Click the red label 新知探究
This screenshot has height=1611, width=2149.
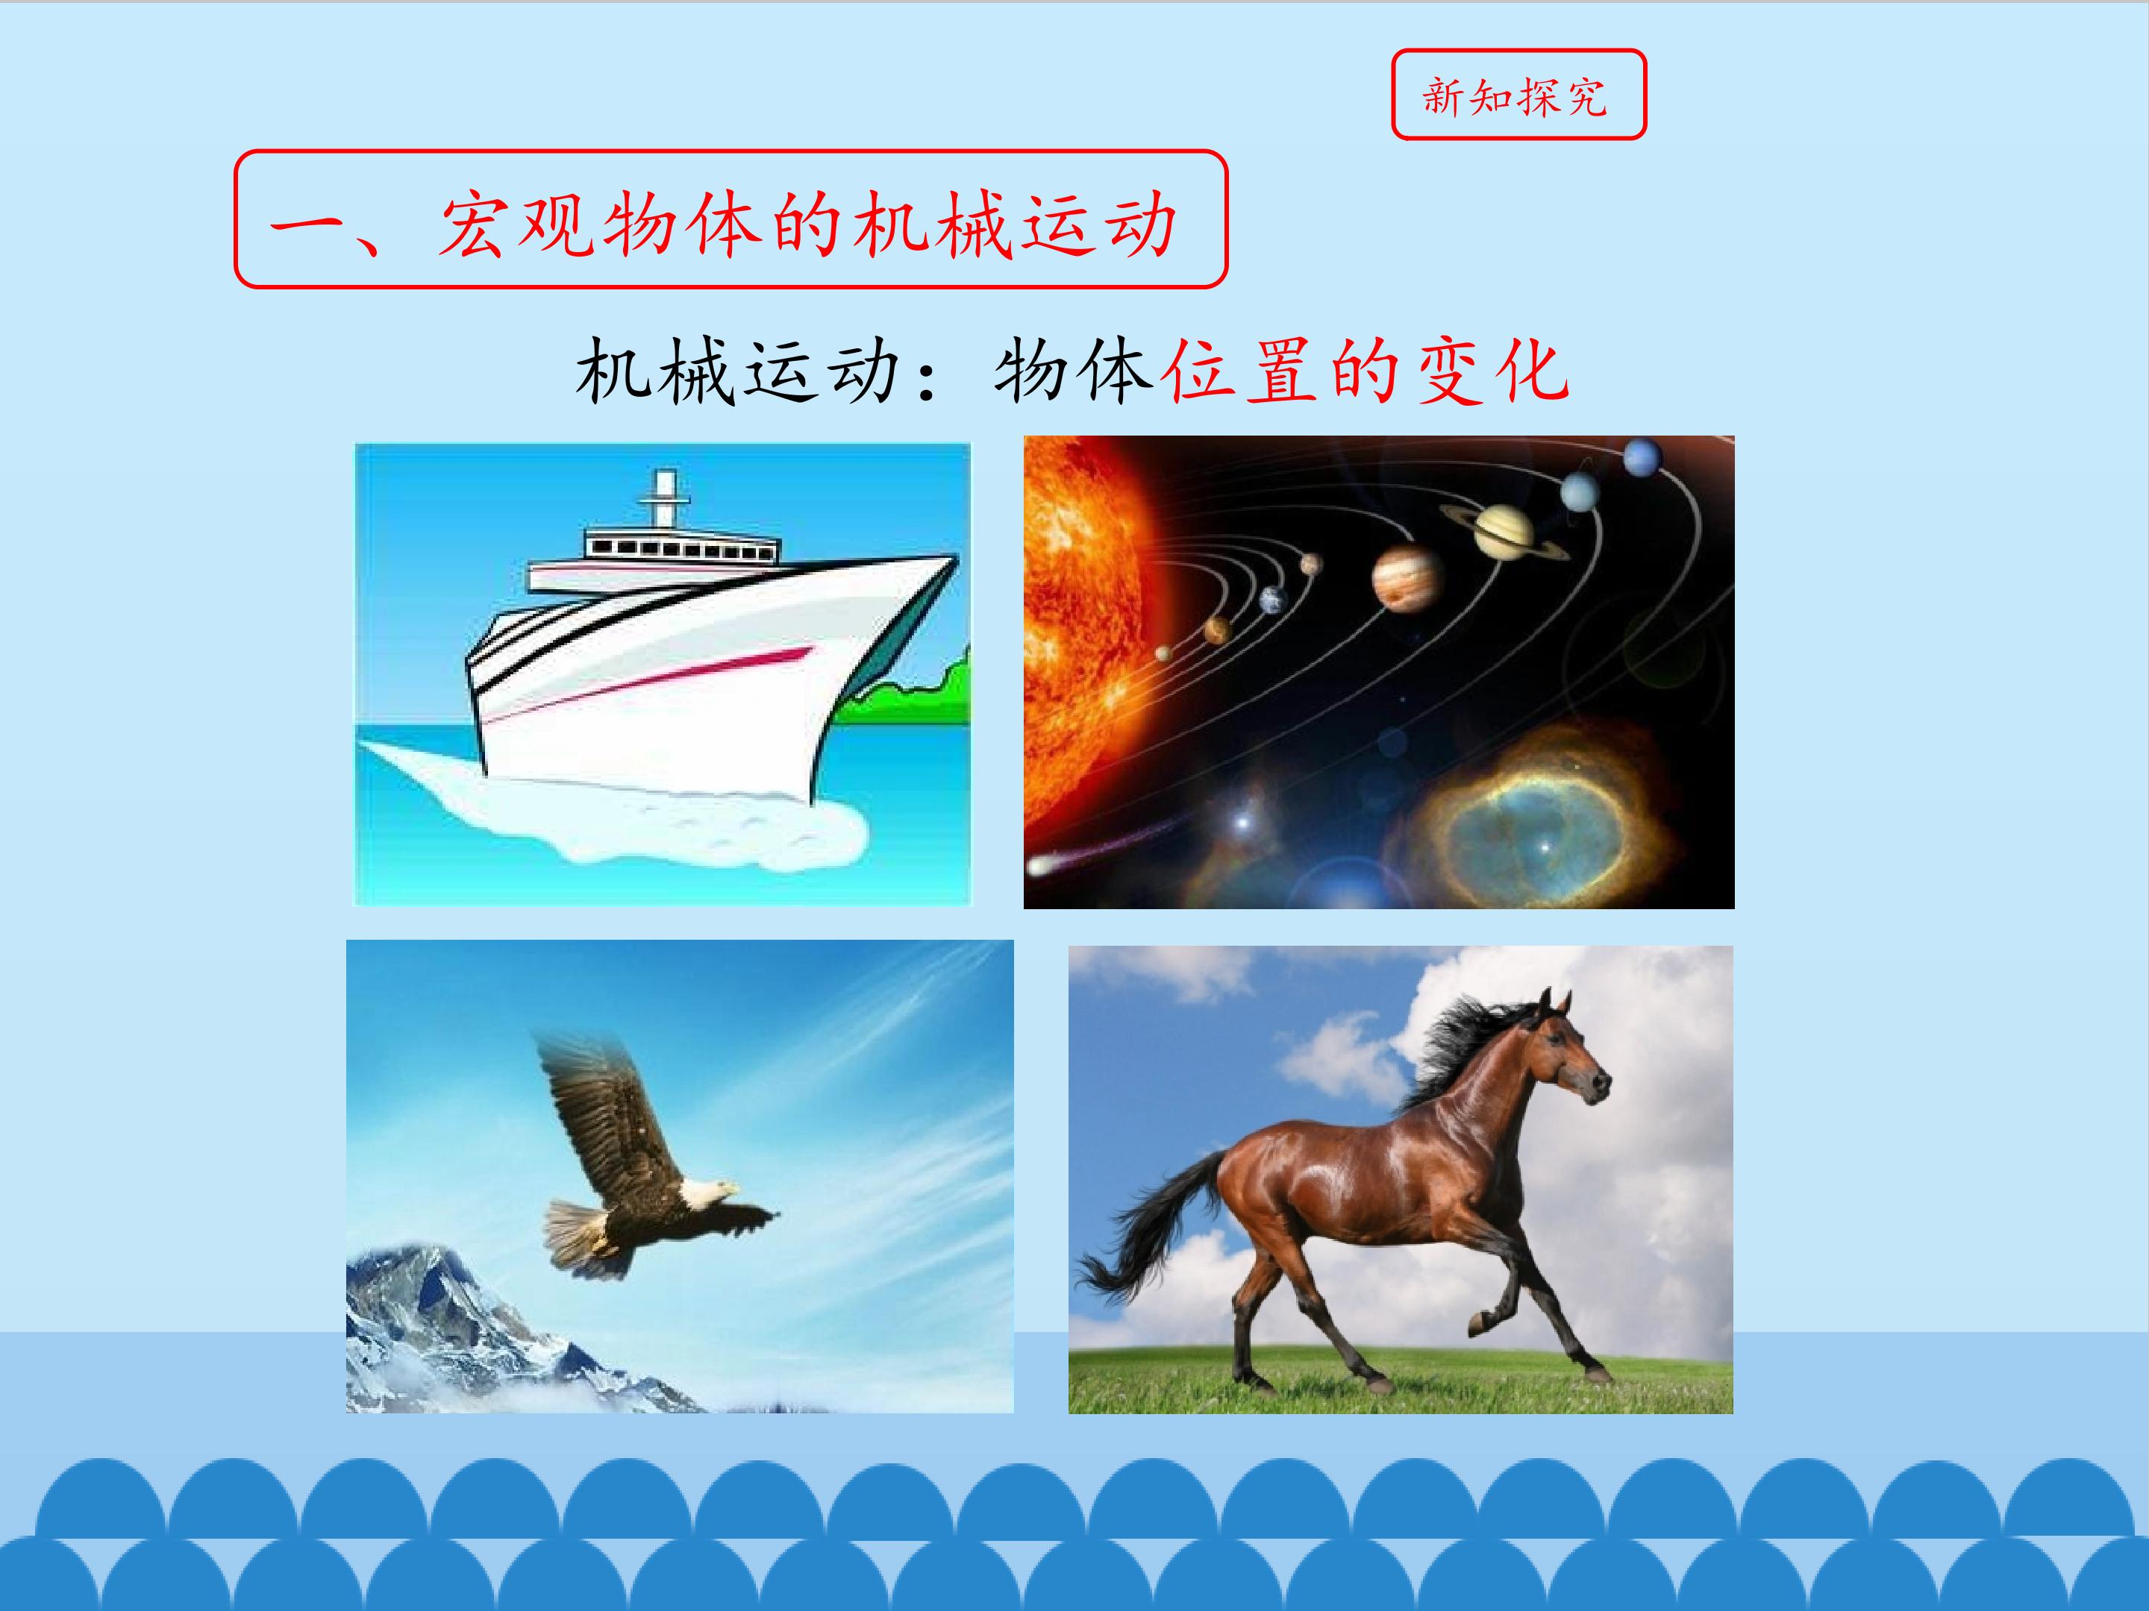1518,95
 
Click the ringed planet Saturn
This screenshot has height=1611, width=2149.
1503,530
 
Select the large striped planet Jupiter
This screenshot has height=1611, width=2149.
1406,577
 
